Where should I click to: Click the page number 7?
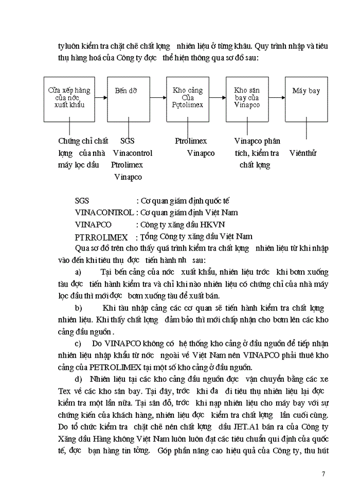(323, 474)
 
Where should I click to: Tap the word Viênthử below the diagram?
(303, 153)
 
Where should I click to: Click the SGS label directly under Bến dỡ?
(128, 140)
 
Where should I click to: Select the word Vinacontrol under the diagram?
(132, 153)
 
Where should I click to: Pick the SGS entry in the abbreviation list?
(82, 200)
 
